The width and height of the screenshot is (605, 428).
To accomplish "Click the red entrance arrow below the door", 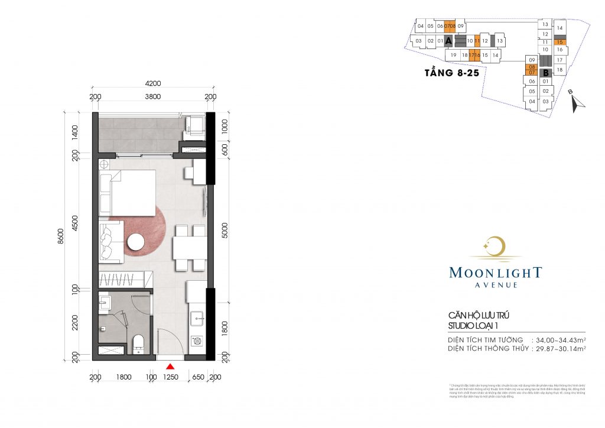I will click(170, 367).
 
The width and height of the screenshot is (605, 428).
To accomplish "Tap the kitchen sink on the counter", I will click(197, 316).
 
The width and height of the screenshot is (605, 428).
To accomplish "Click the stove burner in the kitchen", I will click(197, 341).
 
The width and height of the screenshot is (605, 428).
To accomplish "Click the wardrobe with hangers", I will click(125, 279).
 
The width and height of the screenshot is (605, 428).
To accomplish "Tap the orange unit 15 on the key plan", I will click(560, 42).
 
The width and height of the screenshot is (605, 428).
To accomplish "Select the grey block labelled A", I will click(448, 41).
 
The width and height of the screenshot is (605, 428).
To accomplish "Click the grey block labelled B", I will click(547, 73).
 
